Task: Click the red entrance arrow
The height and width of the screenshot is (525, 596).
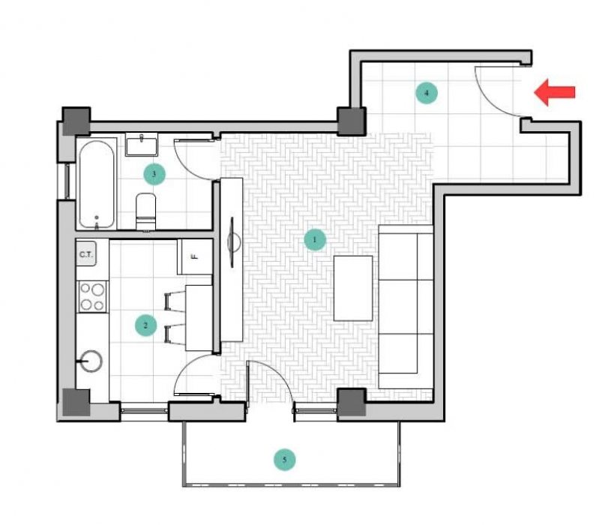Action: [555, 92]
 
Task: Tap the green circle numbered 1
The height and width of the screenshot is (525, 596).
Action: [315, 240]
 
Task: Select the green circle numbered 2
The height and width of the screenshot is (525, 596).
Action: [145, 325]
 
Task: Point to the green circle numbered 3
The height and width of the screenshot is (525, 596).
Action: [154, 174]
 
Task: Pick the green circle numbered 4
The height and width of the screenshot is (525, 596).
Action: [427, 93]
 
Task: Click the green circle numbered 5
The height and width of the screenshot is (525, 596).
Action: [285, 460]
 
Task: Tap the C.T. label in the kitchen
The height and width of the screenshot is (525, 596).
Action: [86, 254]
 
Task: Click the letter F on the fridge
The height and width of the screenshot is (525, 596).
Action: [194, 257]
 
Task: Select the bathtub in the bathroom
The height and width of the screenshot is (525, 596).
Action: [97, 184]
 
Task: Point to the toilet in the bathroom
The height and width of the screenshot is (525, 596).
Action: [146, 211]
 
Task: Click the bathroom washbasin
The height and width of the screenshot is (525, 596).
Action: [142, 145]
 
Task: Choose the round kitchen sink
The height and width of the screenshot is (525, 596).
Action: [91, 361]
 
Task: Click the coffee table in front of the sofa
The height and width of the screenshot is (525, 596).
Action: [353, 288]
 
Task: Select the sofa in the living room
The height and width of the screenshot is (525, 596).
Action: [406, 307]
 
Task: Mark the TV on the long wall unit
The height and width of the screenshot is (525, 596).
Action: [232, 241]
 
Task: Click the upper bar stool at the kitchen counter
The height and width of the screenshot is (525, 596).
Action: [175, 301]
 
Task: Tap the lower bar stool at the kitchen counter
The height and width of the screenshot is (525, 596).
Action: [175, 334]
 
